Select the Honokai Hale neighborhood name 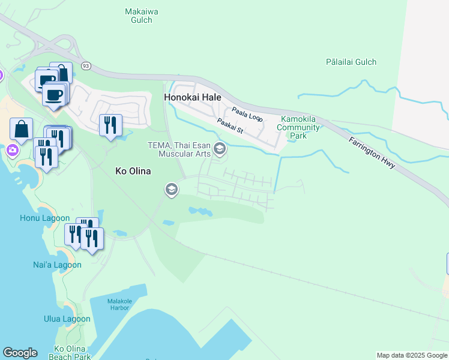[x=193, y=97]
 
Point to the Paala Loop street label [x=247, y=114]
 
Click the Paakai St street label [x=230, y=126]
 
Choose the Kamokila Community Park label [x=298, y=127]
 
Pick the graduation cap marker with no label [x=171, y=190]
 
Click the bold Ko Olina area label [x=133, y=171]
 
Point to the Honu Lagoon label [x=47, y=219]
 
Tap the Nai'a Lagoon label [x=57, y=265]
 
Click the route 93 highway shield [x=86, y=65]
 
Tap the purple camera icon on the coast [x=11, y=149]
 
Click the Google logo [x=20, y=353]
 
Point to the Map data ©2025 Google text [x=412, y=355]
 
